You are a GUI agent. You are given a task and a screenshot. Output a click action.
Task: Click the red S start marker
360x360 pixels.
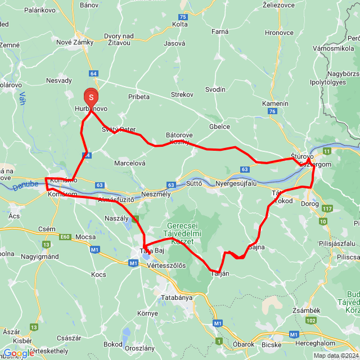coord(91,97)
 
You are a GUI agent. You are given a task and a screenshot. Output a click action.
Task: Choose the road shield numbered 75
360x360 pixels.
coord(182,17)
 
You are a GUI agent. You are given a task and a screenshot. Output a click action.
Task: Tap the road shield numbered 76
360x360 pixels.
coord(273,112)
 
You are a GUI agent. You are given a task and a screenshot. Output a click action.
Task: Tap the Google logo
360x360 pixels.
coord(19,353)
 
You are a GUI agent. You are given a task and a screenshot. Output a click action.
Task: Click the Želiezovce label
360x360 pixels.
coord(280,5)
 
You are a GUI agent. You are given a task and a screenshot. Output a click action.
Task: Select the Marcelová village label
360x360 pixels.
coord(130,163)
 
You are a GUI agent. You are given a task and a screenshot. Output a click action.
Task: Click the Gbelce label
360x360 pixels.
coord(219,127)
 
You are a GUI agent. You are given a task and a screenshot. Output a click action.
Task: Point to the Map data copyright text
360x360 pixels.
coord(336,355)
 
